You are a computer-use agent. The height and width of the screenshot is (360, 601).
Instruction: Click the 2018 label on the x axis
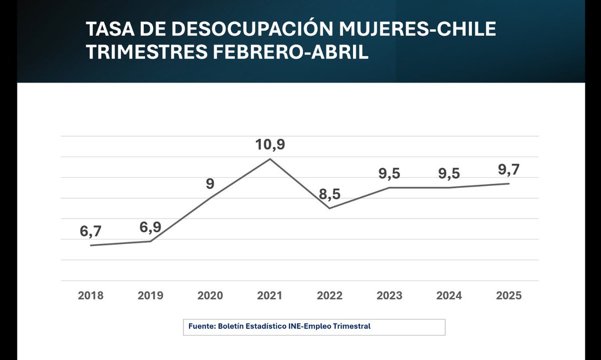[91, 295]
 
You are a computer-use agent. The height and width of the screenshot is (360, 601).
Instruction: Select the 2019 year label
[150, 295]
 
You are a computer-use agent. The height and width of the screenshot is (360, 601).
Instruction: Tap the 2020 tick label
[210, 295]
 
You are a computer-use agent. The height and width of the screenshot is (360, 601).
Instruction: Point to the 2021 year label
[270, 295]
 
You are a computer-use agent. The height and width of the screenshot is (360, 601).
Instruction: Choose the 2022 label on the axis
[330, 295]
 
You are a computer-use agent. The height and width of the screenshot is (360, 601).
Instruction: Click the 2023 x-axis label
[389, 295]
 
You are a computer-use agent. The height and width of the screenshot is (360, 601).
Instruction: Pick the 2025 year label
[509, 295]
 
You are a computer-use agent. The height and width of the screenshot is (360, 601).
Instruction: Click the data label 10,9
[270, 145]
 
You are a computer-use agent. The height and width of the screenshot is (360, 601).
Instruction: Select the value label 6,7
[91, 231]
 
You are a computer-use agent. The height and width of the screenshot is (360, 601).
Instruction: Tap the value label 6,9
[150, 227]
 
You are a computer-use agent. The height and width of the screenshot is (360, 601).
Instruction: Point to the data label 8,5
[330, 194]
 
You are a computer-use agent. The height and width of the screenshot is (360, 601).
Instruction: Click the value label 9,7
[509, 170]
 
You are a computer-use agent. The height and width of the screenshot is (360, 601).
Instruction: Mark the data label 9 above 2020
[210, 184]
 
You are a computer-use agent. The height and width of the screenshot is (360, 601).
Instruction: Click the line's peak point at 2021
[270, 159]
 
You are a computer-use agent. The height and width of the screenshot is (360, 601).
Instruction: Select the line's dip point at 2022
[330, 208]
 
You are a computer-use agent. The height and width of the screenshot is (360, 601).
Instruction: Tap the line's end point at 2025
[509, 184]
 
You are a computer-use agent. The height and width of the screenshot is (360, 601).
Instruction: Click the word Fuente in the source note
[201, 326]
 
